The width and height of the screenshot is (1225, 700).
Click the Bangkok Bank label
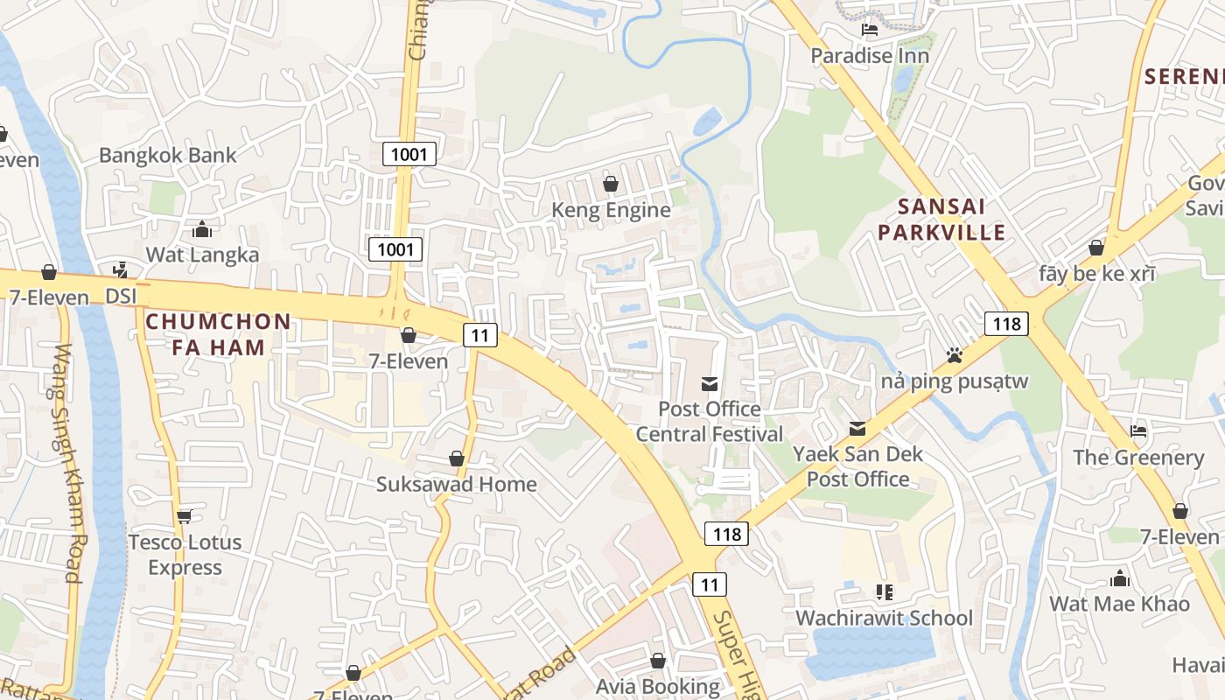click(167, 156)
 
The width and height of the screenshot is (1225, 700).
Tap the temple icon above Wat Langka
click(202, 229)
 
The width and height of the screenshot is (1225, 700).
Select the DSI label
click(121, 297)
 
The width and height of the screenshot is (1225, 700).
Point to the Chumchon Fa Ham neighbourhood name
click(218, 334)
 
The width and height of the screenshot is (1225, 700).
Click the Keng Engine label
click(611, 210)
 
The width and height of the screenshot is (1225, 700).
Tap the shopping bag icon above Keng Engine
click(611, 184)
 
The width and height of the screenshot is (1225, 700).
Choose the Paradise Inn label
click(870, 56)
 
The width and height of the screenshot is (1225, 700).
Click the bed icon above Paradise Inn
click(870, 30)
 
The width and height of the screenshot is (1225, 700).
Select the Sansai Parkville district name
click(941, 220)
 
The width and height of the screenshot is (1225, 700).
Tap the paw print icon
click(955, 355)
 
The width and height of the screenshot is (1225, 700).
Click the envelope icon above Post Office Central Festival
click(710, 383)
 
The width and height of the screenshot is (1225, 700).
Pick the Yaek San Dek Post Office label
click(857, 466)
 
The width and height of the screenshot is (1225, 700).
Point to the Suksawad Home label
click(456, 484)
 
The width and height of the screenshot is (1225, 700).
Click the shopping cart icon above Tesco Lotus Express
click(184, 515)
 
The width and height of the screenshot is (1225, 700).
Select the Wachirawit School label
click(884, 618)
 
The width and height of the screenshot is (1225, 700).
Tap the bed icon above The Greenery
click(1138, 430)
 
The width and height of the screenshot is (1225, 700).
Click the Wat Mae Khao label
click(1119, 604)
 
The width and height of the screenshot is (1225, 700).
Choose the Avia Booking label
click(658, 687)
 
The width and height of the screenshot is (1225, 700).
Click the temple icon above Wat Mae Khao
click(1119, 577)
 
